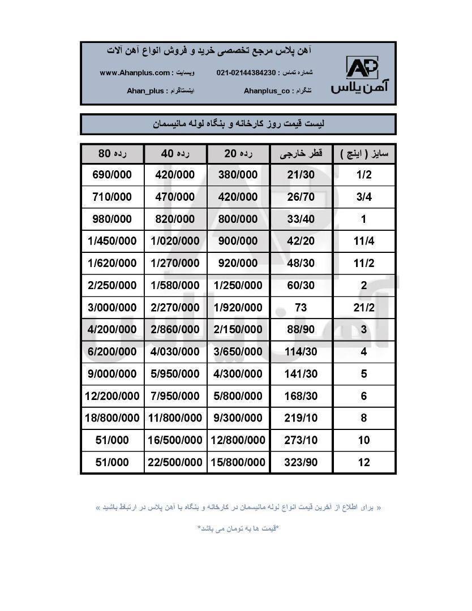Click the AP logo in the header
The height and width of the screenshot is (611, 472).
click(362, 68)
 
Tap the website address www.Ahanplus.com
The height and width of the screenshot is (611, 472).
click(135, 73)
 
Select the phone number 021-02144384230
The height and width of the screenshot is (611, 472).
click(246, 73)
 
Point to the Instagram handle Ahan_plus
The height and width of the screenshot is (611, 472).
click(145, 91)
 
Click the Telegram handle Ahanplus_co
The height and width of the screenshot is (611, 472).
click(267, 91)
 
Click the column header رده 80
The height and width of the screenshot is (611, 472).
click(112, 154)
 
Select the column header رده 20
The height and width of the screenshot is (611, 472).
click(238, 154)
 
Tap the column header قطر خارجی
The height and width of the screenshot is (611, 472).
click(302, 154)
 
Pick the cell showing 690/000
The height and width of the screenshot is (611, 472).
click(112, 175)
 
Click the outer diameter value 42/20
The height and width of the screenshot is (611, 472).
click(302, 241)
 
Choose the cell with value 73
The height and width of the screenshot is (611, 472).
click(301, 307)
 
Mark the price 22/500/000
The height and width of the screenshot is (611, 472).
click(175, 462)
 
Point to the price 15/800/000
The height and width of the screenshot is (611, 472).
click(238, 462)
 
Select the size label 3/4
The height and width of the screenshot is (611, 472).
click(363, 197)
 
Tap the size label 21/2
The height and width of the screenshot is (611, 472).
click(363, 307)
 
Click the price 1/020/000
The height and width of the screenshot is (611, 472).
click(175, 241)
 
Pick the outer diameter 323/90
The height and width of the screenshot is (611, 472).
click(302, 462)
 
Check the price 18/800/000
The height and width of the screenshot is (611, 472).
click(112, 418)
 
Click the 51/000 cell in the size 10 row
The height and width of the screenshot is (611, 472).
click(112, 440)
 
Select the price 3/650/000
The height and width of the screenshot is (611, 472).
click(238, 351)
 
